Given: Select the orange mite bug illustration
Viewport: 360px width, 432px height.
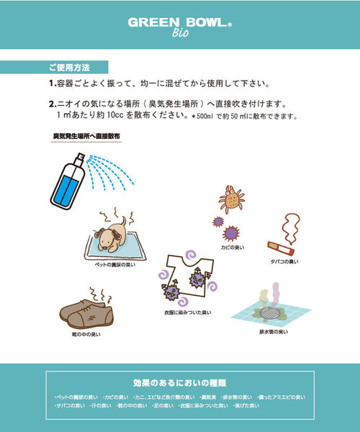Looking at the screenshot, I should [233, 199].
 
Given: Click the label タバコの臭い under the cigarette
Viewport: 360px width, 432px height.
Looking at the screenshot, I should [284, 261].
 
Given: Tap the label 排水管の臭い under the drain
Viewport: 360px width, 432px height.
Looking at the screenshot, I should [274, 332].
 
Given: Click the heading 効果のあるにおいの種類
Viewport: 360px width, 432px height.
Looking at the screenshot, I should [179, 382].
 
